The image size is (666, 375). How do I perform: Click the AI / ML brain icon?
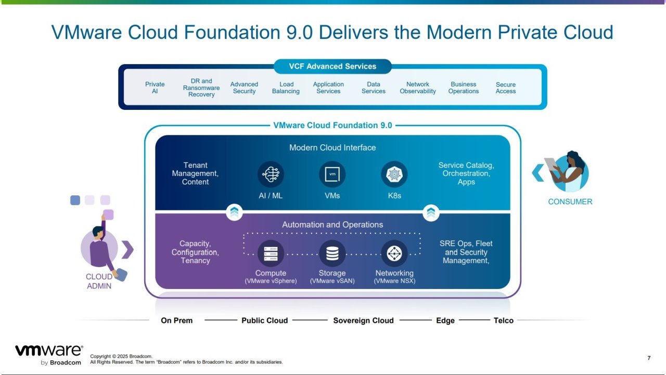pos(271,174)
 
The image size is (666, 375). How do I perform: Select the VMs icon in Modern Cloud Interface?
pos(332,174)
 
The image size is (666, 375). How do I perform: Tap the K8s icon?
pos(394,174)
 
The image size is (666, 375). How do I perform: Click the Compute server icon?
pos(271,254)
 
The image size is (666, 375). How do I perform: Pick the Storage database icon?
pos(332,254)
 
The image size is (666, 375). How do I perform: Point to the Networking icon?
pos(394,254)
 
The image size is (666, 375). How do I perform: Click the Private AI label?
pos(155,87)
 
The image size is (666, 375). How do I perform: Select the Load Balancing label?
pos(286,87)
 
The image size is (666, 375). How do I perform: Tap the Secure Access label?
pos(506,87)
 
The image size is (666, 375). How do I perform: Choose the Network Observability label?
pos(418,87)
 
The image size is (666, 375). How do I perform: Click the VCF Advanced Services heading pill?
pos(332,67)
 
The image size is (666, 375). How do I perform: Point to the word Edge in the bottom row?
pos(445,320)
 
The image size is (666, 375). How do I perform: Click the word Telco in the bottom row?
pos(503,320)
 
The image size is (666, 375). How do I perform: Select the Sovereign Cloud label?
pos(363,320)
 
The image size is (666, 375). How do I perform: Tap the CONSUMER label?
pos(570,202)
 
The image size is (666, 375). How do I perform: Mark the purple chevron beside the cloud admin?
pos(127,249)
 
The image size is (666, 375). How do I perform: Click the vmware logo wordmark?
pos(49,351)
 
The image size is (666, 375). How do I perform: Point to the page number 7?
pos(649,358)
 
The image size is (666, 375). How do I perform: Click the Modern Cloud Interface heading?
pos(332,147)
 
